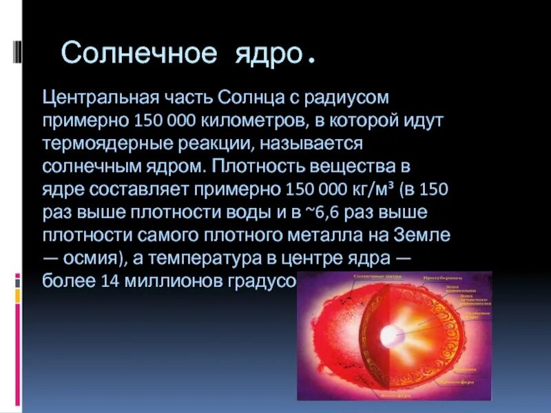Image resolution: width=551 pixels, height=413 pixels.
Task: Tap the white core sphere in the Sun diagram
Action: click(x=391, y=336)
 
